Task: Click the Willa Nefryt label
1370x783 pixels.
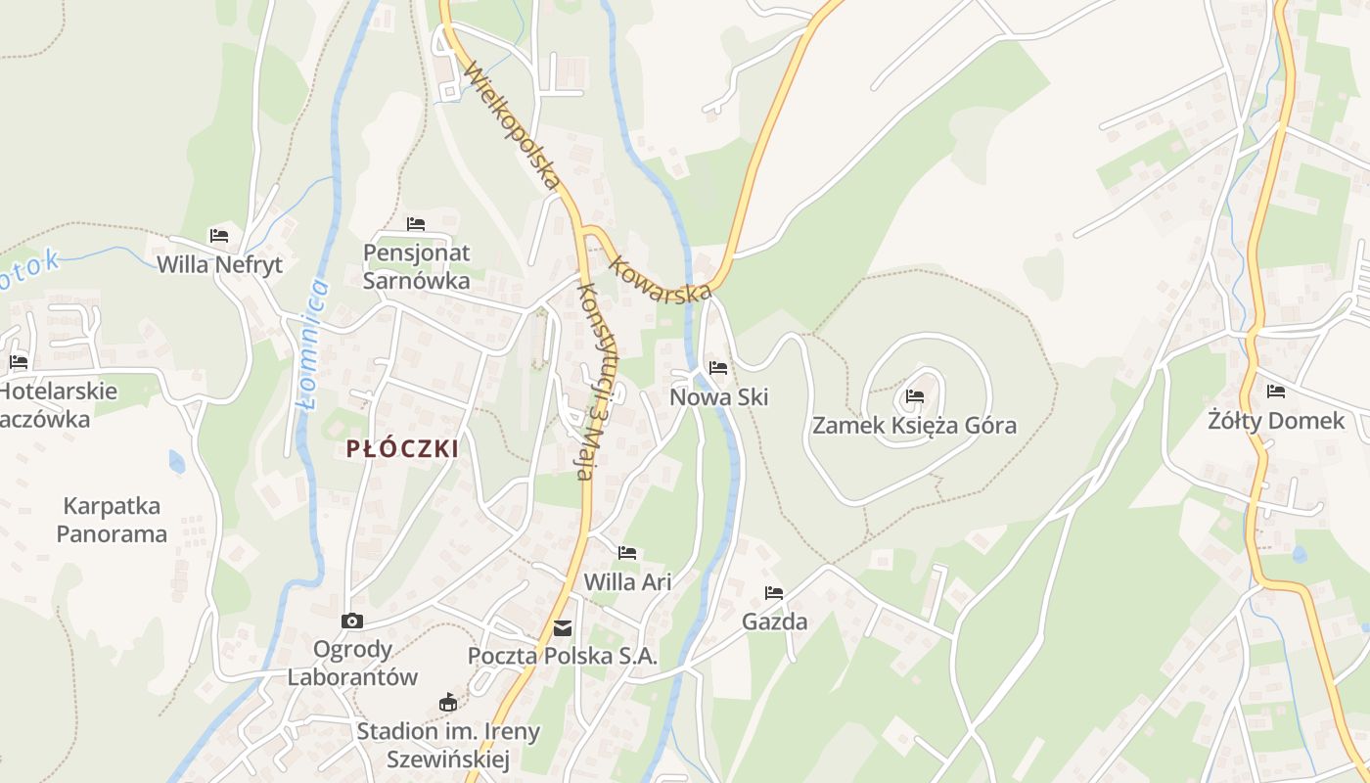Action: pyautogui.click(x=219, y=264)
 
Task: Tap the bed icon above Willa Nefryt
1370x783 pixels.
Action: pyautogui.click(x=219, y=236)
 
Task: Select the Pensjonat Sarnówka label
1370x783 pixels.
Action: pyautogui.click(x=416, y=266)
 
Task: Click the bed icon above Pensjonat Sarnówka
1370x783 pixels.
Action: pyautogui.click(x=416, y=224)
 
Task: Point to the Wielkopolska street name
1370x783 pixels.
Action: pyautogui.click(x=513, y=126)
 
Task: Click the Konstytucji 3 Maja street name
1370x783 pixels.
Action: pyautogui.click(x=599, y=382)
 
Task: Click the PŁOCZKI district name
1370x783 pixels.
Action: pyautogui.click(x=402, y=449)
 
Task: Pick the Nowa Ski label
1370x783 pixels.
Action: pyautogui.click(x=718, y=397)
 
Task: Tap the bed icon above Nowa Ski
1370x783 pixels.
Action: pyautogui.click(x=718, y=368)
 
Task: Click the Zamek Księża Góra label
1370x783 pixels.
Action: pyautogui.click(x=914, y=426)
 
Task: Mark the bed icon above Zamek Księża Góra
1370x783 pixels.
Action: pyautogui.click(x=915, y=396)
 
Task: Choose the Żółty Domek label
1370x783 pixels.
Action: pyautogui.click(x=1276, y=422)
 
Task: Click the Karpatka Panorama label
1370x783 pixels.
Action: pyautogui.click(x=112, y=520)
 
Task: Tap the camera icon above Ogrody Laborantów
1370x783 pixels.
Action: pyautogui.click(x=352, y=621)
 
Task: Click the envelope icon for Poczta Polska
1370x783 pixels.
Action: pyautogui.click(x=563, y=628)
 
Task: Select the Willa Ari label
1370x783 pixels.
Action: pyautogui.click(x=627, y=581)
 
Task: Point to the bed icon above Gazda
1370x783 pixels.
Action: pyautogui.click(x=774, y=593)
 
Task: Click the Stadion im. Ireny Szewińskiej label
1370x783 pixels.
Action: pyautogui.click(x=448, y=745)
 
